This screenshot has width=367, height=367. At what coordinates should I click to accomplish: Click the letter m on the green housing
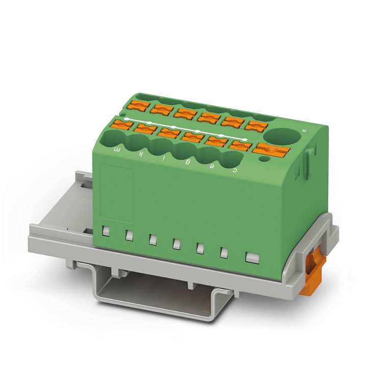(x=116, y=149)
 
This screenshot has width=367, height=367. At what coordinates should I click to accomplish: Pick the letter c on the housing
(x=235, y=170)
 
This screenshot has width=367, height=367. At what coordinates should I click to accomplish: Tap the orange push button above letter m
(x=122, y=124)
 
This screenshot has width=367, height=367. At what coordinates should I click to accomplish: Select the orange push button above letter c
(x=238, y=145)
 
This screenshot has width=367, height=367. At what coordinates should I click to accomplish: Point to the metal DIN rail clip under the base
(x=155, y=296)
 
